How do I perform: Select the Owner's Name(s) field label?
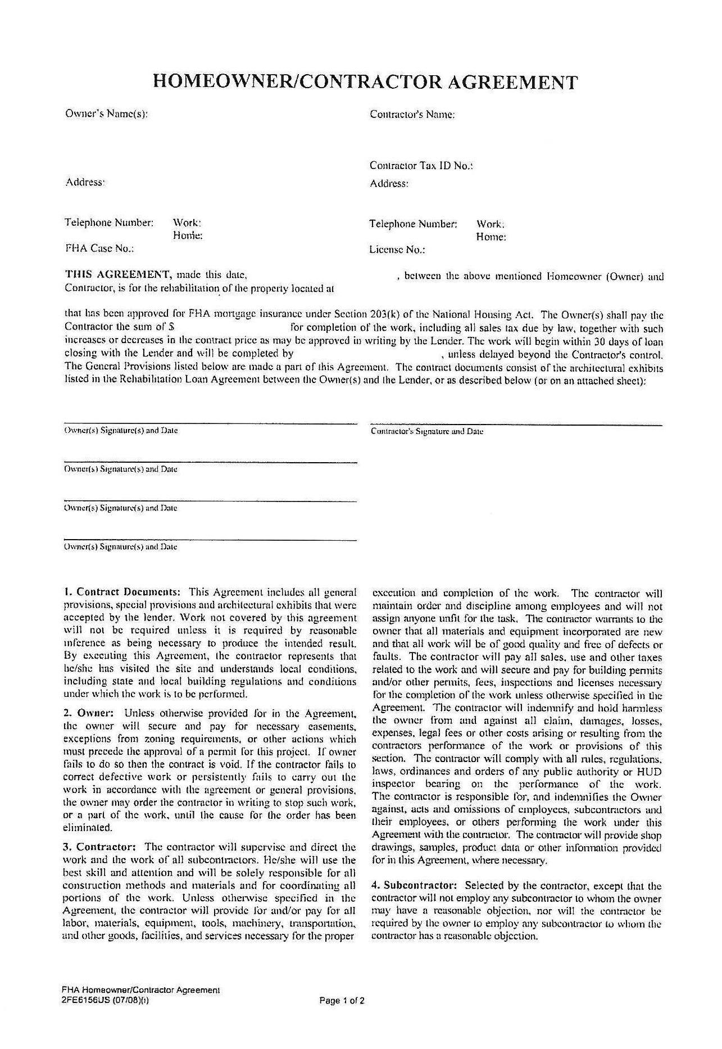[107, 113]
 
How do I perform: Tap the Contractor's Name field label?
[412, 115]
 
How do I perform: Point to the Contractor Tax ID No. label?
[421, 166]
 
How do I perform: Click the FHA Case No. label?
[99, 248]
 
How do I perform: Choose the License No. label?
[397, 250]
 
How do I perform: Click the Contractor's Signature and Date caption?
[427, 432]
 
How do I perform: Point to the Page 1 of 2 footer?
[342, 1000]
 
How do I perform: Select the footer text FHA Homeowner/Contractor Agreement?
[140, 991]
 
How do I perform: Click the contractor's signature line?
[516, 425]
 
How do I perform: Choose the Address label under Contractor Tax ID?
[389, 184]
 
